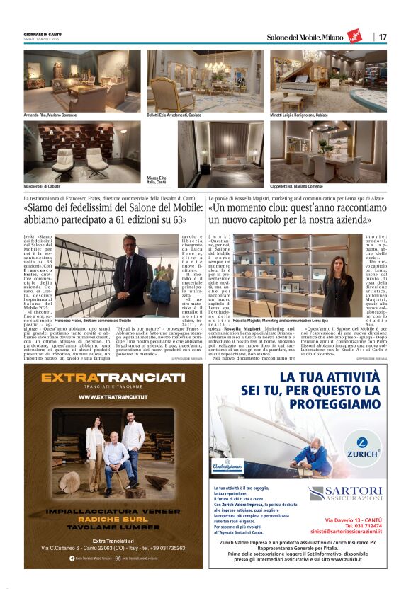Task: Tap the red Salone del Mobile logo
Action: click(x=354, y=36)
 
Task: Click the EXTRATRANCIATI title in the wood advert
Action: click(x=114, y=378)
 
